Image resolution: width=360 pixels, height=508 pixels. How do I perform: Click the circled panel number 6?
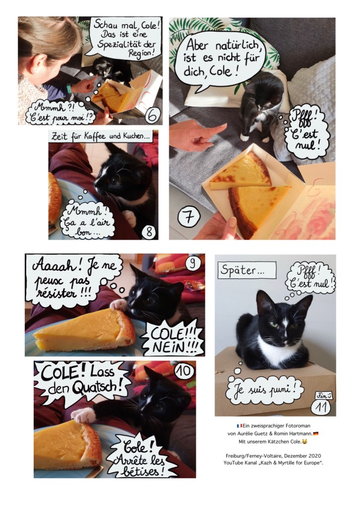click(153, 115)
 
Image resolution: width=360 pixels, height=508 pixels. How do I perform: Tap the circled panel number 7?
click(188, 217)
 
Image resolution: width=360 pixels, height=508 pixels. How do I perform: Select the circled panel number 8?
click(149, 232)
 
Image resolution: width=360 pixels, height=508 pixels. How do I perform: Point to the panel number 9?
click(192, 262)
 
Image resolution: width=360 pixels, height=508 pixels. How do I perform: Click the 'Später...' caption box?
click(247, 270)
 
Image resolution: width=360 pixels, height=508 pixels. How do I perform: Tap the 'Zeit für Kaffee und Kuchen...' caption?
click(101, 136)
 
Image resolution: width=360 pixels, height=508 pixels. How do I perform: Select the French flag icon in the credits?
click(239, 426)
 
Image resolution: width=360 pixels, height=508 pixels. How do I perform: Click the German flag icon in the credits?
click(316, 434)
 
